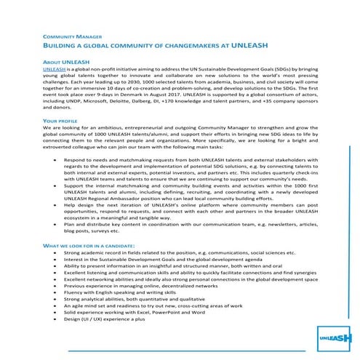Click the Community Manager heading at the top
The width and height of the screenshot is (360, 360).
click(68, 35)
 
